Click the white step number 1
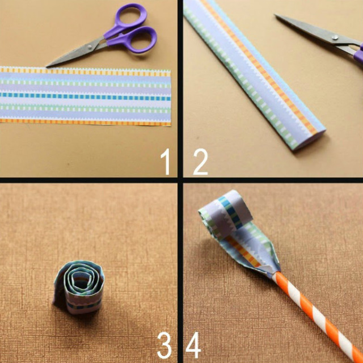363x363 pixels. (166, 162)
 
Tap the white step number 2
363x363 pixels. (200, 162)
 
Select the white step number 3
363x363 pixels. (164, 345)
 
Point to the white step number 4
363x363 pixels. (193, 345)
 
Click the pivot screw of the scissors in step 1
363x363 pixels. (90, 48)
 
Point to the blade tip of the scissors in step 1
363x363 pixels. (47, 67)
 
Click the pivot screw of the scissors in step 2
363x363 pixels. (335, 37)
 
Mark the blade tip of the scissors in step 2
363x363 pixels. (275, 15)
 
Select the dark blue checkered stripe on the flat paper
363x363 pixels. (85, 96)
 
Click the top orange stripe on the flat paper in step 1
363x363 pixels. (85, 71)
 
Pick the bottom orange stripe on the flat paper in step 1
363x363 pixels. (85, 122)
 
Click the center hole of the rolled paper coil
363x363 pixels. (80, 281)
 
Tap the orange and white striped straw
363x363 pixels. (317, 316)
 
